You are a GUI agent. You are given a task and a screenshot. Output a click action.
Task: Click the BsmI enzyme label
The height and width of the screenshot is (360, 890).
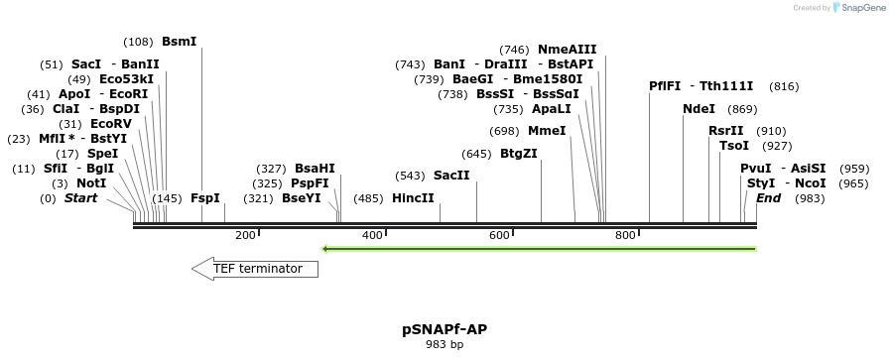(180, 42)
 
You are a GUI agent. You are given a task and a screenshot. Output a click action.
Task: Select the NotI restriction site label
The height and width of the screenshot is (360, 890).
(91, 183)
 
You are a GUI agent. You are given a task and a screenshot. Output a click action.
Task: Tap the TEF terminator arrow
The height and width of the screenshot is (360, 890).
(255, 269)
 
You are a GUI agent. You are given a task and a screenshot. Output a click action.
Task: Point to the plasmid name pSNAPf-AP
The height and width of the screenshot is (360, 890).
(445, 329)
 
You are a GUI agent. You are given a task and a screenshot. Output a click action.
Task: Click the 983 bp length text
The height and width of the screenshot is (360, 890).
(445, 345)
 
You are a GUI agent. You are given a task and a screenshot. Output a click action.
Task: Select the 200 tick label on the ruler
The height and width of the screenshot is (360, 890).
(245, 235)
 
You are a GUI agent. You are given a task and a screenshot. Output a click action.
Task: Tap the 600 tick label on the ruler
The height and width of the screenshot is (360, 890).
(499, 235)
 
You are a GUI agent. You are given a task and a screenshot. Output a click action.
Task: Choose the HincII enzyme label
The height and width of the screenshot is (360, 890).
(413, 198)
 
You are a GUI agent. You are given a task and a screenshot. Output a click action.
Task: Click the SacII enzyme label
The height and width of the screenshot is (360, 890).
(451, 176)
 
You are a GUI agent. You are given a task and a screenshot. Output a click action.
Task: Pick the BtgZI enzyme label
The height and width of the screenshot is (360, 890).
(518, 154)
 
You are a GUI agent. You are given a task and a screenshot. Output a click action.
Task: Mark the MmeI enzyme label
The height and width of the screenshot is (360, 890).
(547, 131)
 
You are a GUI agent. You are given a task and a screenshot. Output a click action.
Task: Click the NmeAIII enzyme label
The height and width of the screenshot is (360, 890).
(568, 50)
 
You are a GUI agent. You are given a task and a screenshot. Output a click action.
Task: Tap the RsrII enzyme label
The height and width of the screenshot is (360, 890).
(725, 131)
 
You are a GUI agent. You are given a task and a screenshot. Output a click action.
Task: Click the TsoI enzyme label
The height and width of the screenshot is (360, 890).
(734, 146)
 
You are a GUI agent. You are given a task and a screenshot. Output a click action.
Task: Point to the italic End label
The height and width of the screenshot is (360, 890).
(768, 198)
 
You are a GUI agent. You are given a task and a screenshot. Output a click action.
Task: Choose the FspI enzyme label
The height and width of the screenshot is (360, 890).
(205, 198)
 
